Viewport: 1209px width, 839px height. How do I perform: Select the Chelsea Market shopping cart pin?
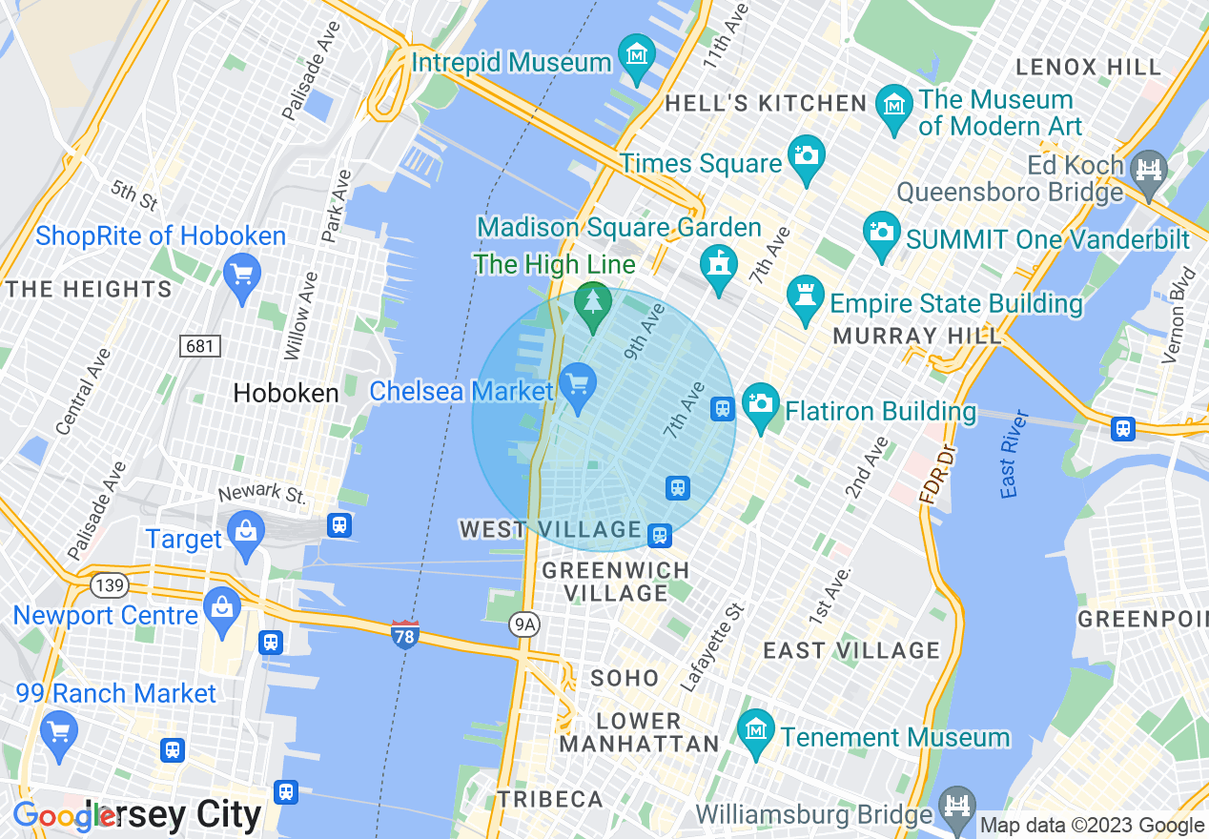point(577,385)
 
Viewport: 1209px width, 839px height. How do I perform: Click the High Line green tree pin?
point(593,303)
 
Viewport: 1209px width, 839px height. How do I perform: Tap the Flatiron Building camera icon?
point(760,404)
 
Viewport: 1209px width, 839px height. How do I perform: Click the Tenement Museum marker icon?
point(756,730)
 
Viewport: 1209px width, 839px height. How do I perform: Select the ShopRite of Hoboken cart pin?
point(241,275)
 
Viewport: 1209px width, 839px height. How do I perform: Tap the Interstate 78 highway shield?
point(405,634)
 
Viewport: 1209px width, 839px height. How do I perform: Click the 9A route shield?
point(524,624)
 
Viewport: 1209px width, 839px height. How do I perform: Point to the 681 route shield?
point(199,345)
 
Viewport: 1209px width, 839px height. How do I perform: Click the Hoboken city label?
point(286,393)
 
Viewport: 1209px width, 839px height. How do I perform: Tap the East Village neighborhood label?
point(851,650)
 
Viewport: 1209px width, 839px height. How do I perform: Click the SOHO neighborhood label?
point(625,678)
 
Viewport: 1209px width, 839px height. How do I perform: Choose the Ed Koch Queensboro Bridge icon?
point(1149,171)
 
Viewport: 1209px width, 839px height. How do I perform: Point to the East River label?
point(1015,454)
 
